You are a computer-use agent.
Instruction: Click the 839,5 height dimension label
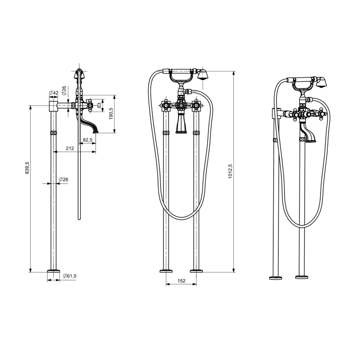coord(27,168)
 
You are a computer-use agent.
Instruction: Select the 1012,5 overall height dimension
coord(230,172)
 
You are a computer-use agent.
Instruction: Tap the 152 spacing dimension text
coord(181,281)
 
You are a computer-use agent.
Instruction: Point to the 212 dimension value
coord(70,148)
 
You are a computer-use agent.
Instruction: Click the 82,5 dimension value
coord(88,140)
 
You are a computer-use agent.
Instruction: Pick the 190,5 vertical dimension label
coord(111,114)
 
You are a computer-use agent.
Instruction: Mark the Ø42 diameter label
coord(53,93)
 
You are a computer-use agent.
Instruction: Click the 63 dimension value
coord(99,105)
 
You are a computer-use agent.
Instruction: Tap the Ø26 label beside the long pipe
coord(63,179)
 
